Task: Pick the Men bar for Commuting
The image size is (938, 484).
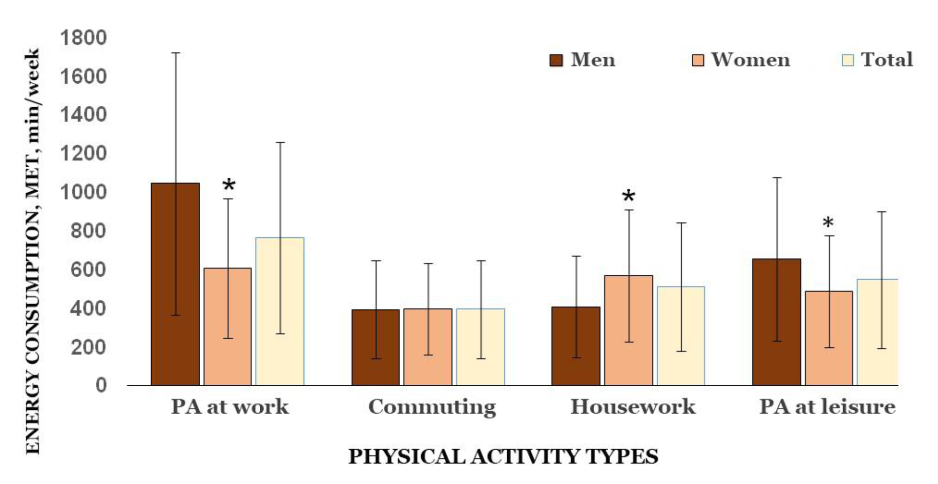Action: [375, 347]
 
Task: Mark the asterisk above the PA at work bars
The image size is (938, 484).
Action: [229, 185]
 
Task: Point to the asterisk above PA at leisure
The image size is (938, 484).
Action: [828, 223]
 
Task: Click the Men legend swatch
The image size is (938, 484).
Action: [556, 61]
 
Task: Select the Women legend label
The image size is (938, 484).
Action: [750, 60]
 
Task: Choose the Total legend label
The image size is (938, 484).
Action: [886, 60]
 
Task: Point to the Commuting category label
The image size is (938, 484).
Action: [432, 407]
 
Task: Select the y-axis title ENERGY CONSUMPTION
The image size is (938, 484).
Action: [33, 251]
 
